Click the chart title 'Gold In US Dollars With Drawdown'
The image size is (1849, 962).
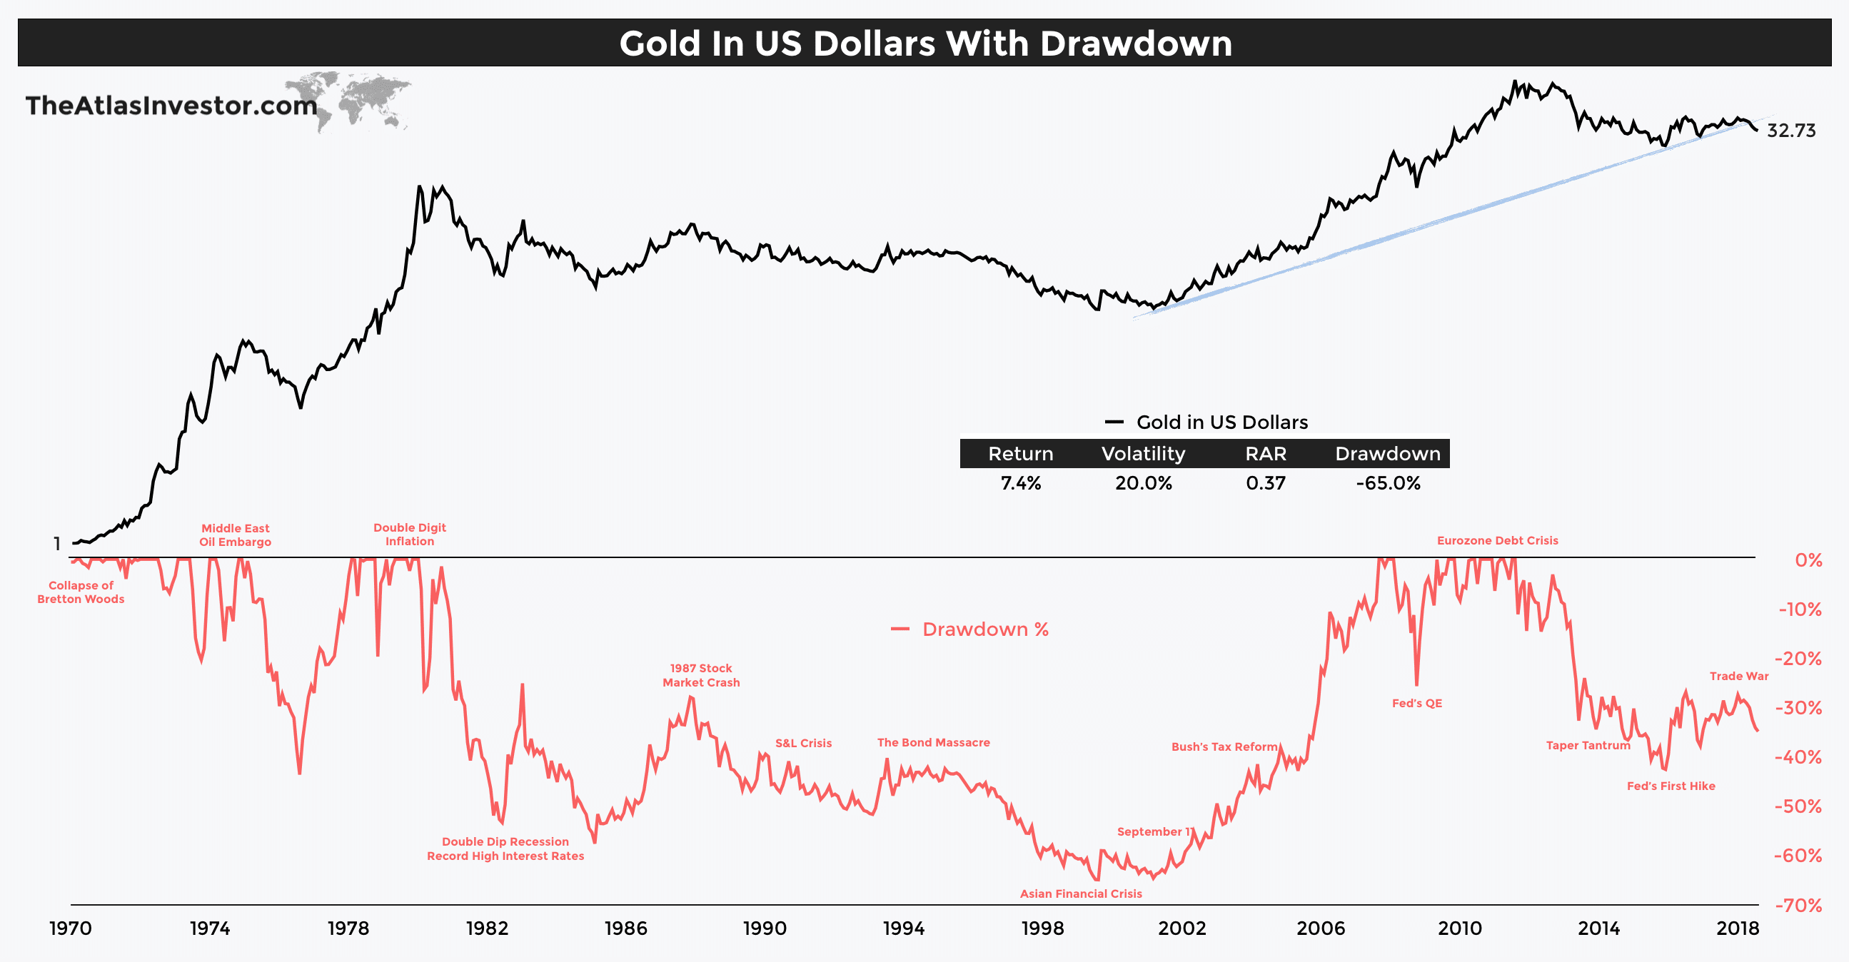point(924,43)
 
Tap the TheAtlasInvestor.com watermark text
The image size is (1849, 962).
point(171,106)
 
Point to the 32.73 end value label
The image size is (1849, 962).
point(1790,131)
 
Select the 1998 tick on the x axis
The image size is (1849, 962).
point(1042,928)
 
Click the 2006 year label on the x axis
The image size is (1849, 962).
point(1320,928)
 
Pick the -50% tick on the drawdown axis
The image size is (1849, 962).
point(1798,806)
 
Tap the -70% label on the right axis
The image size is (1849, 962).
point(1798,906)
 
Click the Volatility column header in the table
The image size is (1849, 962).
point(1143,453)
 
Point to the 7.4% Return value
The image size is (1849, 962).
point(1020,483)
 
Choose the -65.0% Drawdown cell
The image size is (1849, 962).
point(1388,483)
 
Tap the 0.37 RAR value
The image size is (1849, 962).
point(1266,483)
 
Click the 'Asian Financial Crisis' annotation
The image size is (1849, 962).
point(1080,894)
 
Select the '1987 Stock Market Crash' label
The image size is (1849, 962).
point(700,675)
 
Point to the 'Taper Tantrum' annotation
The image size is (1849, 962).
point(1588,745)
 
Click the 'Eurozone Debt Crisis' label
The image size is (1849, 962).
point(1496,541)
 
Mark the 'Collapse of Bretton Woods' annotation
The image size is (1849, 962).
point(81,592)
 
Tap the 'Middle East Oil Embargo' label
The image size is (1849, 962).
point(235,535)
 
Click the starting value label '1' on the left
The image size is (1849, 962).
point(56,544)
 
